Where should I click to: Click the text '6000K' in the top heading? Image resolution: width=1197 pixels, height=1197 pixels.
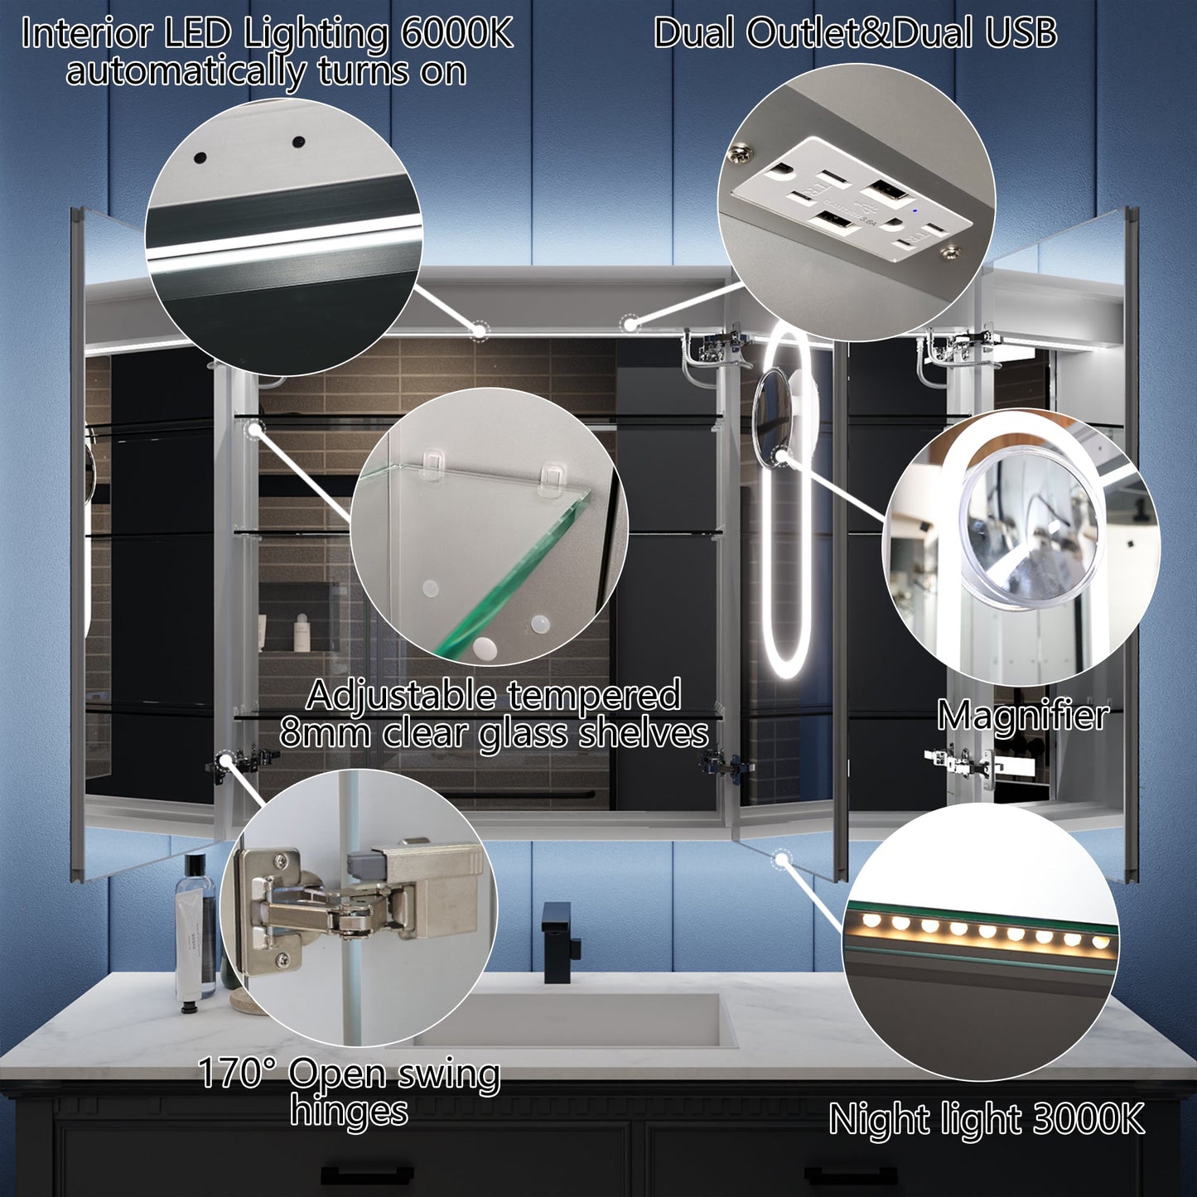(x=456, y=35)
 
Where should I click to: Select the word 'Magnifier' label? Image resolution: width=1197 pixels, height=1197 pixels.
(x=1023, y=715)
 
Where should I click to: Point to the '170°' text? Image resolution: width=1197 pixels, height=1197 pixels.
(x=230, y=1074)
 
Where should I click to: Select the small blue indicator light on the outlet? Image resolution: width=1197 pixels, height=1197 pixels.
(x=912, y=210)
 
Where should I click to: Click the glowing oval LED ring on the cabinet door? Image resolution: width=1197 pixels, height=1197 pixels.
(x=784, y=505)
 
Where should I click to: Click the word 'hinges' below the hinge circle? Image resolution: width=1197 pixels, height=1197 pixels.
(x=349, y=1110)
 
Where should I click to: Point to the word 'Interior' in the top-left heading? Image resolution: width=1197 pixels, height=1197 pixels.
(x=87, y=35)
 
